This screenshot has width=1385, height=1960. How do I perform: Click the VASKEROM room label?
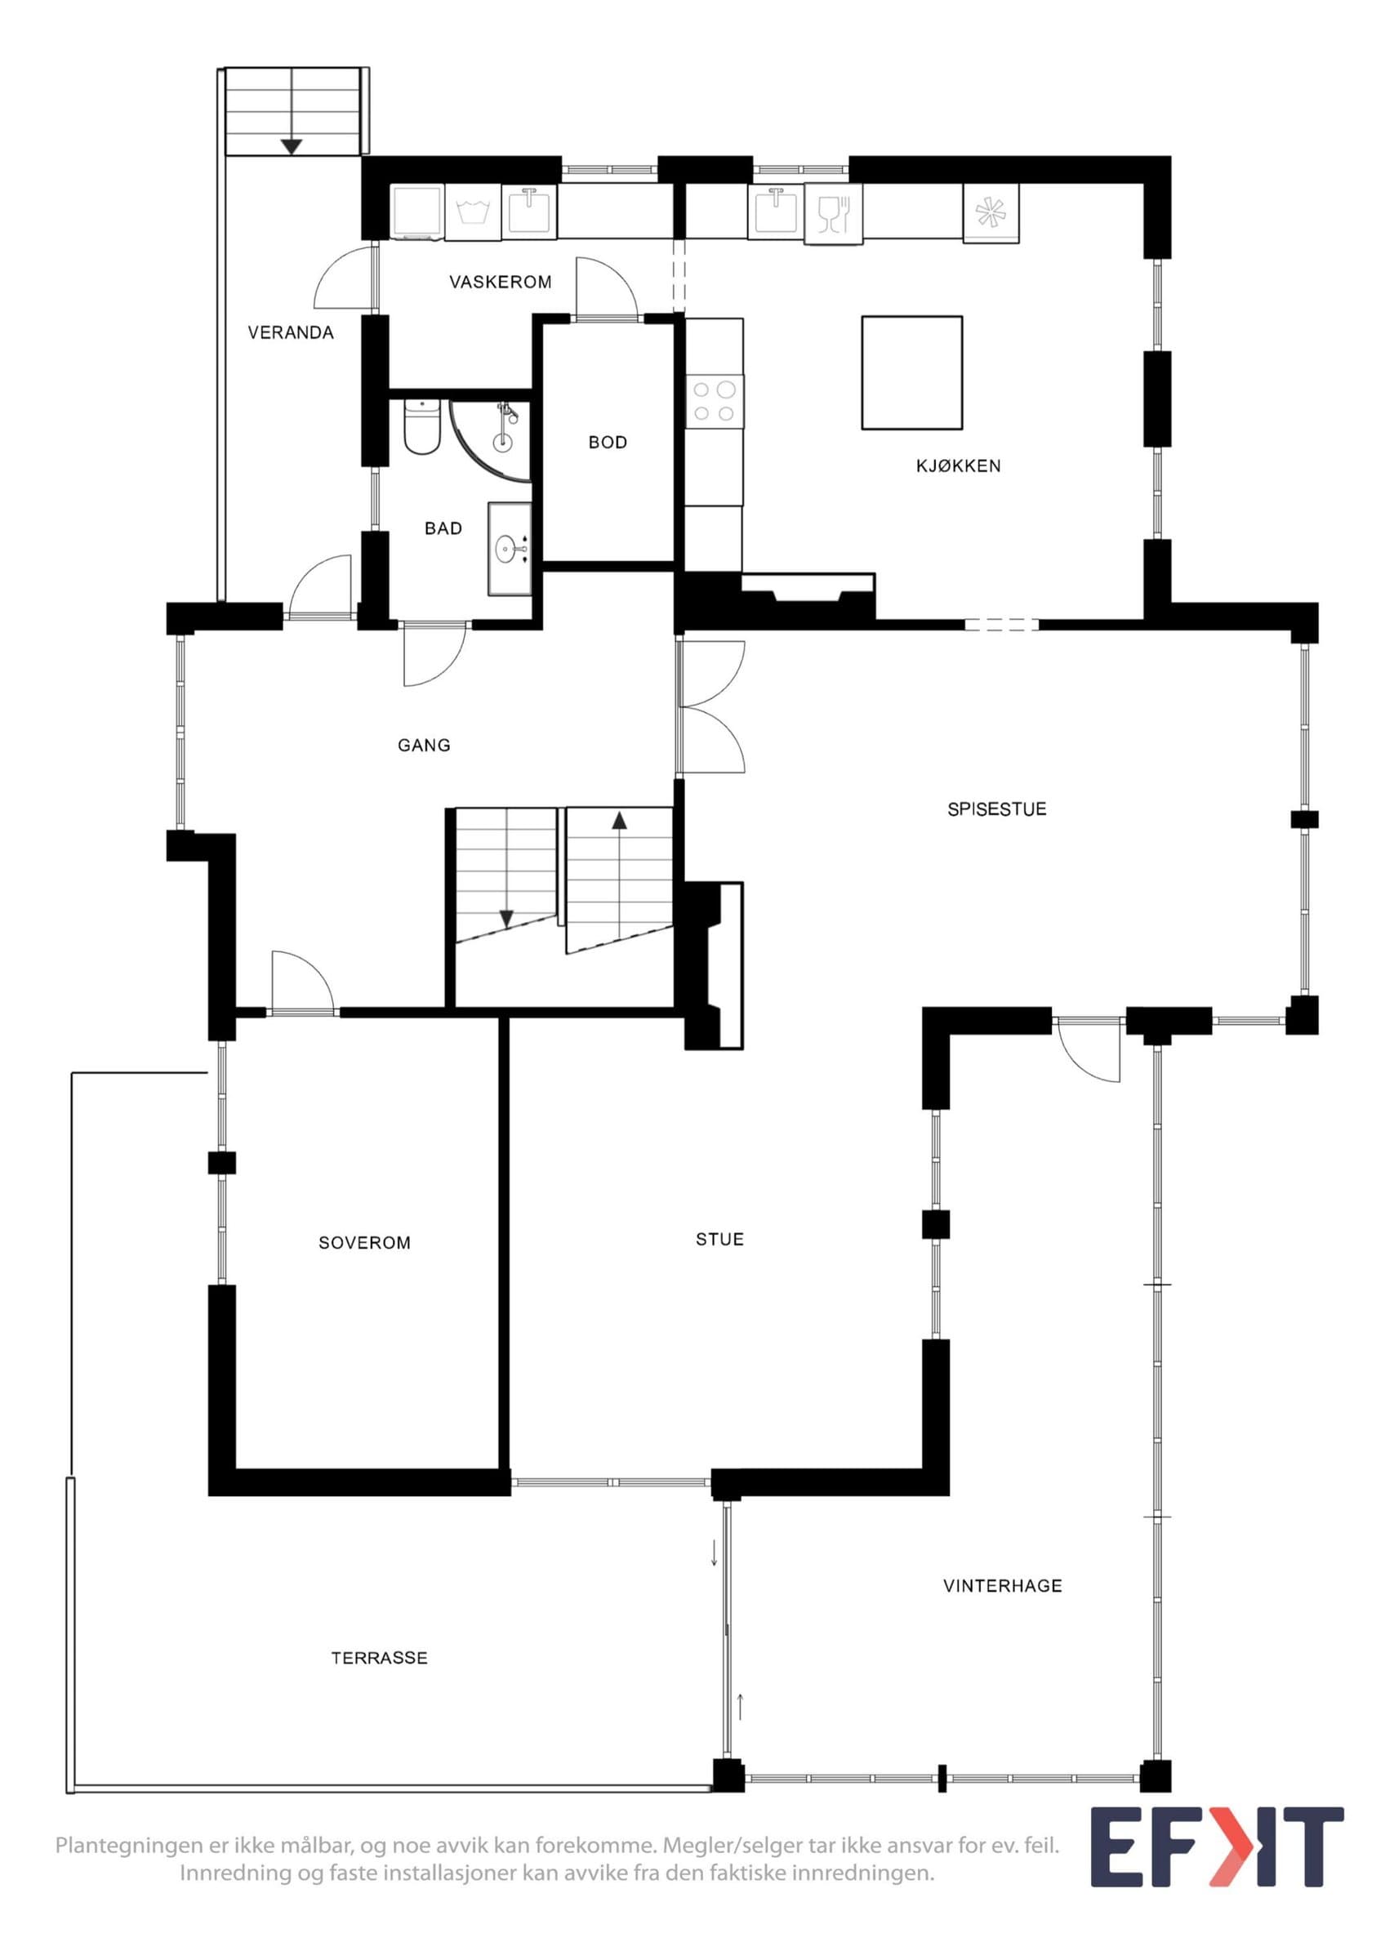pyautogui.click(x=500, y=282)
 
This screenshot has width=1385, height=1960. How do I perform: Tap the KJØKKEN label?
pyautogui.click(x=959, y=466)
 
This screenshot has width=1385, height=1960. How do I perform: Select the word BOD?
pyautogui.click(x=608, y=442)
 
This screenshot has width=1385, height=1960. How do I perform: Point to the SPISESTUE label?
pyautogui.click(x=997, y=809)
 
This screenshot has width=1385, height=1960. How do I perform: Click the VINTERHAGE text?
pyautogui.click(x=1003, y=1586)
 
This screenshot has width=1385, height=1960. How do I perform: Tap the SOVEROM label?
pyautogui.click(x=364, y=1243)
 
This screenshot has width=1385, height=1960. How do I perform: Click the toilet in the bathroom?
pyautogui.click(x=421, y=426)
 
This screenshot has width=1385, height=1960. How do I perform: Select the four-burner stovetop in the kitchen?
pyautogui.click(x=715, y=401)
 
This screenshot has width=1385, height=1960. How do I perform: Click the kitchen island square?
pyautogui.click(x=912, y=372)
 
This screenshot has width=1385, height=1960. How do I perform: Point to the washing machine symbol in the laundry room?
pyautogui.click(x=473, y=212)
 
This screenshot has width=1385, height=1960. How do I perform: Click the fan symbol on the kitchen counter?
pyautogui.click(x=991, y=213)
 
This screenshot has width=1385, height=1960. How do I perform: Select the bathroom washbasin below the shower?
pyautogui.click(x=510, y=548)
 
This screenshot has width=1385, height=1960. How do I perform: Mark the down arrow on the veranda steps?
pyautogui.click(x=292, y=146)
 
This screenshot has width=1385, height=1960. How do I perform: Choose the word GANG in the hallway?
pyautogui.click(x=424, y=746)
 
